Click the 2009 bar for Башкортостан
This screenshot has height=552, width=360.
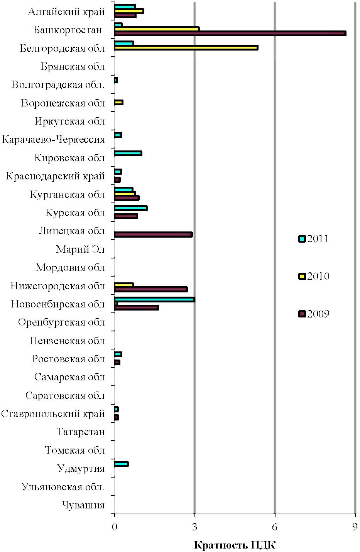pyautogui.click(x=230, y=34)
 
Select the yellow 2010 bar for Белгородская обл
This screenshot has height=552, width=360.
pyautogui.click(x=186, y=47)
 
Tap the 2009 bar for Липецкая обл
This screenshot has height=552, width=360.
pyautogui.click(x=153, y=235)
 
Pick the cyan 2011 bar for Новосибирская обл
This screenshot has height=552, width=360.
pyautogui.click(x=155, y=299)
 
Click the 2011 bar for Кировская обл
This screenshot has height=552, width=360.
pyautogui.click(x=128, y=154)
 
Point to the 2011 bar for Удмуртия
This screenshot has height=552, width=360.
pyautogui.click(x=121, y=464)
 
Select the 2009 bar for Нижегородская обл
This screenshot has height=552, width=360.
pyautogui.click(x=151, y=289)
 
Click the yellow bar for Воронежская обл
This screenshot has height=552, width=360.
pyautogui.click(x=119, y=103)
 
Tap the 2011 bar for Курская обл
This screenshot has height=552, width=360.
pyautogui.click(x=131, y=208)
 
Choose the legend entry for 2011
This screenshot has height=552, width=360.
pyautogui.click(x=313, y=239)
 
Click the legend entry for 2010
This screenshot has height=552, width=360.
pyautogui.click(x=314, y=276)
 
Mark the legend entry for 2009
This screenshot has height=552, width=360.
pyautogui.click(x=314, y=314)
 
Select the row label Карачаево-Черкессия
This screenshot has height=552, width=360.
pyautogui.click(x=53, y=140)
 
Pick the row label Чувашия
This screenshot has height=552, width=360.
pyautogui.click(x=83, y=505)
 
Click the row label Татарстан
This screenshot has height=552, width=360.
pyautogui.click(x=81, y=432)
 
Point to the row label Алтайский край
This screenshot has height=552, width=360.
pyautogui.click(x=66, y=12)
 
